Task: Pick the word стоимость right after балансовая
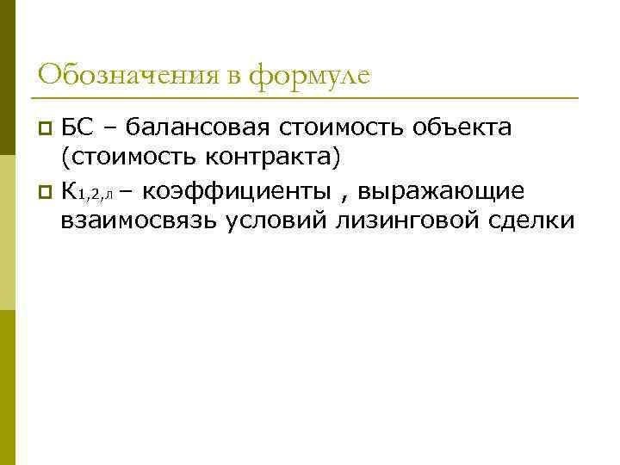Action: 342,128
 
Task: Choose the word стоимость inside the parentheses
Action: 134,158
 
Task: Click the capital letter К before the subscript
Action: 69,189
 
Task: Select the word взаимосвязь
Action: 139,220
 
